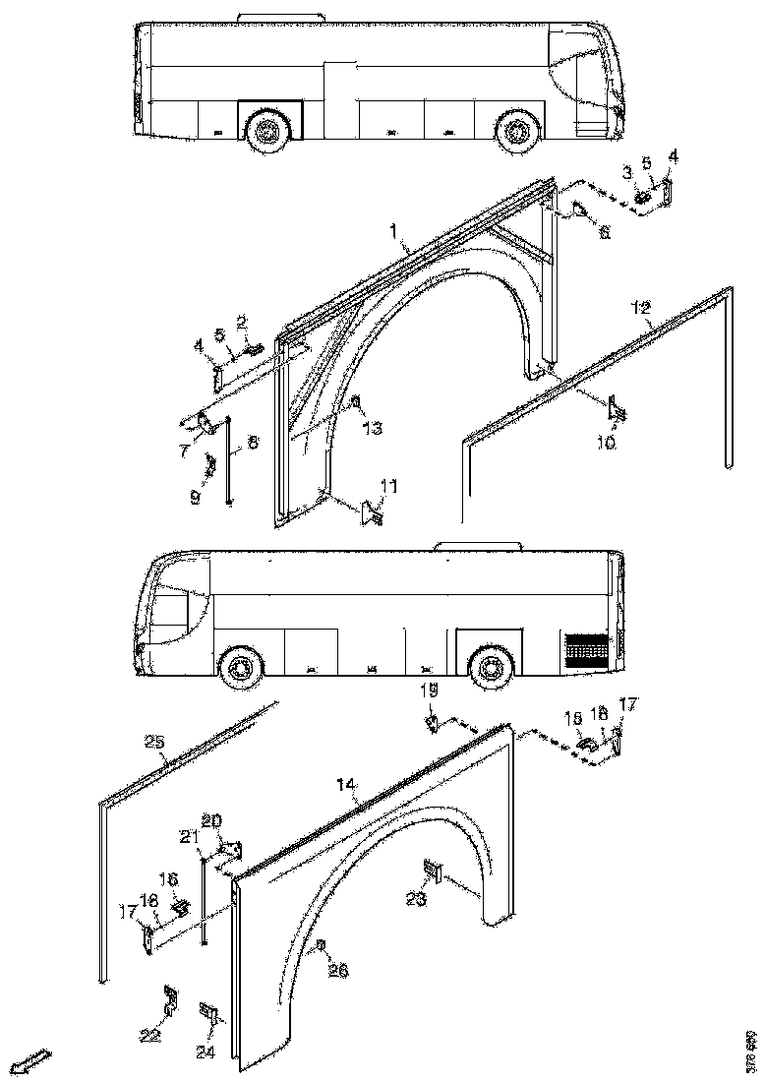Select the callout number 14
[x=345, y=785]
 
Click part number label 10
[x=607, y=443]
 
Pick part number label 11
[x=389, y=486]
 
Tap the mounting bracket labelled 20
[x=233, y=848]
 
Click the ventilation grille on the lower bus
[x=586, y=649]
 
